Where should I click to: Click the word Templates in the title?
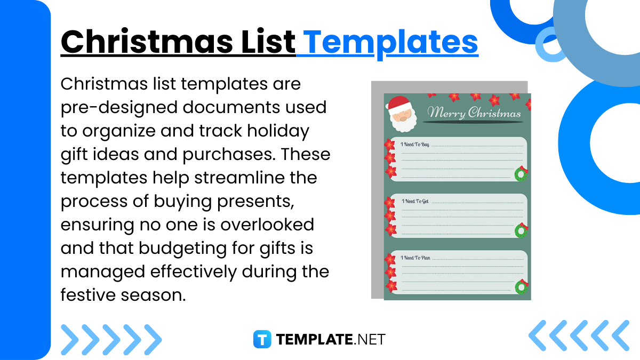[391, 43]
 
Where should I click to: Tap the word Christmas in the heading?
[147, 41]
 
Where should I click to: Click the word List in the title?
[268, 41]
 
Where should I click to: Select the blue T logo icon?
[262, 339]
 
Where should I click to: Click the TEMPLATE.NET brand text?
[331, 339]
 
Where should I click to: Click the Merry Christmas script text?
[474, 113]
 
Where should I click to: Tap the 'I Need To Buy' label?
[415, 145]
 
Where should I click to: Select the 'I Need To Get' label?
[415, 201]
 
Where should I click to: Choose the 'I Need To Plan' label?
[415, 258]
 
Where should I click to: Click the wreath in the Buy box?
[521, 173]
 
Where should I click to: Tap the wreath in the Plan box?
[522, 286]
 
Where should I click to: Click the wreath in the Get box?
[521, 230]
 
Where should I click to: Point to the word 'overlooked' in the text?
[267, 225]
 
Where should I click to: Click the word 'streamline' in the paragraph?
[239, 178]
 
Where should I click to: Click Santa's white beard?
[403, 123]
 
